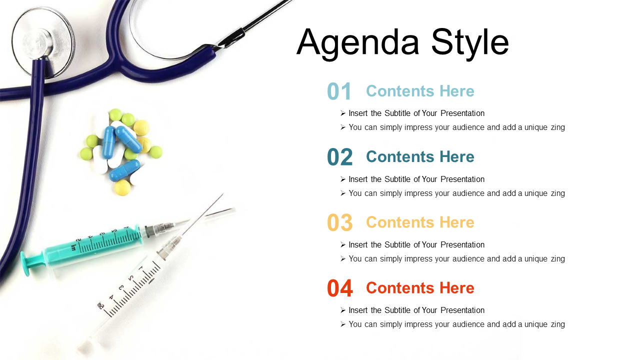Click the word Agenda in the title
coord(358,43)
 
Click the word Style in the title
coord(470,43)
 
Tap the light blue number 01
coord(339,91)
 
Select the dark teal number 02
coord(339,157)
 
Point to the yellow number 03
coord(339,222)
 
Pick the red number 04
coord(339,288)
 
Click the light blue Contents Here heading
coord(420,91)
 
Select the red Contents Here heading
coord(420,288)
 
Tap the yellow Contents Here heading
coord(420,222)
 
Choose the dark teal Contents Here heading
coord(420,157)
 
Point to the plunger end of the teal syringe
coord(26,263)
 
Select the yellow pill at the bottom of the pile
coord(122,187)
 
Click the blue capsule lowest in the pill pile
coord(125,170)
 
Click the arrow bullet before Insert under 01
coord(343,113)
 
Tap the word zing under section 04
coord(557,324)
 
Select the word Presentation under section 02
coord(462,179)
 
